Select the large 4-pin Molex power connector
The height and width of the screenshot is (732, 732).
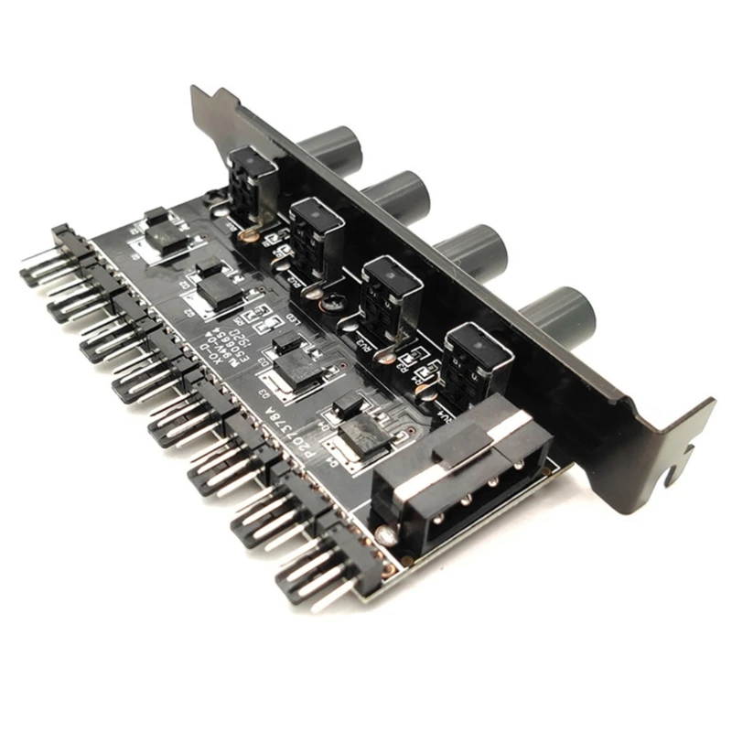pos(448,476)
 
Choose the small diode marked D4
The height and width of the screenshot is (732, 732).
pos(347,404)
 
